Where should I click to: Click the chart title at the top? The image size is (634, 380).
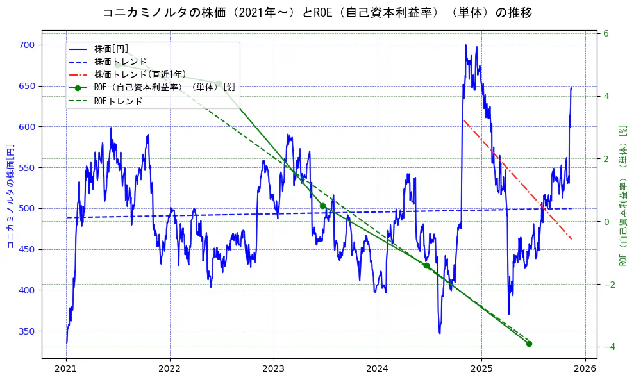317,13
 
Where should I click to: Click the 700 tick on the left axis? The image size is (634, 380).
30,45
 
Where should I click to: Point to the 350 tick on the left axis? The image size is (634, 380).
30,331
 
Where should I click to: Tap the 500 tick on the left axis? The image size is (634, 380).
30,208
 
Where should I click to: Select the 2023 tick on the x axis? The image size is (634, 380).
274,368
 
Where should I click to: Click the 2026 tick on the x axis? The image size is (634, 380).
585,368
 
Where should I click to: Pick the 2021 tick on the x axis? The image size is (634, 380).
66,368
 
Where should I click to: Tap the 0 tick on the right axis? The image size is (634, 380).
605,222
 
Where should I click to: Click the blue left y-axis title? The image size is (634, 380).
10,196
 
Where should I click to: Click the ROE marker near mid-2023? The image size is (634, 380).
322,206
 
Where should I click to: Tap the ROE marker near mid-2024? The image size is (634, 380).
426,265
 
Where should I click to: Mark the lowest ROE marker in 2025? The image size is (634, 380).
530,344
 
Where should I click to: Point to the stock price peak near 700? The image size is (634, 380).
465,45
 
